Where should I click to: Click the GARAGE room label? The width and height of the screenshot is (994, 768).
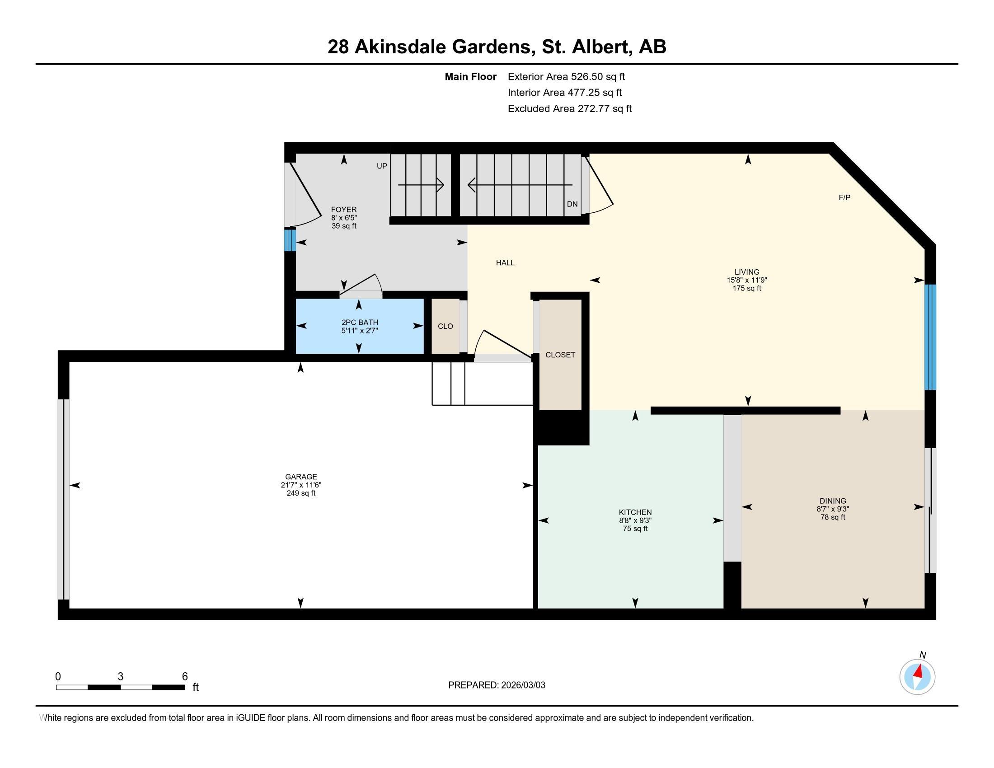[x=301, y=477]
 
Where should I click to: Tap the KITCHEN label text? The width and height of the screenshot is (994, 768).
[x=635, y=512]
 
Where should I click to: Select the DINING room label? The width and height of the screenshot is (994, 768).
[x=833, y=501]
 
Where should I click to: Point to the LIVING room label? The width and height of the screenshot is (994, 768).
[x=747, y=272]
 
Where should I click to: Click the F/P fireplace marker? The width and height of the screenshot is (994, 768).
[x=845, y=197]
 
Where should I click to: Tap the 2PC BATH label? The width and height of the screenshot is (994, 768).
[x=360, y=323]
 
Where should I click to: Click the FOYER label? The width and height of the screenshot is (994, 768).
[x=344, y=210]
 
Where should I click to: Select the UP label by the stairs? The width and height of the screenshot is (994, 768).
[x=382, y=166]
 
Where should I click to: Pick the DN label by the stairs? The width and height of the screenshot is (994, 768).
[x=572, y=204]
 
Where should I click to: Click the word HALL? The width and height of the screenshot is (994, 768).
[x=505, y=262]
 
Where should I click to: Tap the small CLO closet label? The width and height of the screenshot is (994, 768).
[x=445, y=326]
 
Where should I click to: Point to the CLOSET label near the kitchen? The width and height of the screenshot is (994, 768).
[x=560, y=355]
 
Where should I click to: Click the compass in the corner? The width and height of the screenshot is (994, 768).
[x=918, y=677]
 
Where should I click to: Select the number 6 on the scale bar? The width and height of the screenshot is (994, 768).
[x=185, y=677]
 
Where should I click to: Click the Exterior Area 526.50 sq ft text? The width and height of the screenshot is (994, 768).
[x=566, y=77]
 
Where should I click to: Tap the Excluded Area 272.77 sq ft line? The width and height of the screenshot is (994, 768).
[x=570, y=109]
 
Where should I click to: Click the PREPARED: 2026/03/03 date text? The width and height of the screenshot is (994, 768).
[x=497, y=685]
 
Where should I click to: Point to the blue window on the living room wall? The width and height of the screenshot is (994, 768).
[x=930, y=337]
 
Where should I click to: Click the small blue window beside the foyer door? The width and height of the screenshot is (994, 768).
[x=290, y=240]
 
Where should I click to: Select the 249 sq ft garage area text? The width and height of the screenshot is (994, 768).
[x=301, y=493]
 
